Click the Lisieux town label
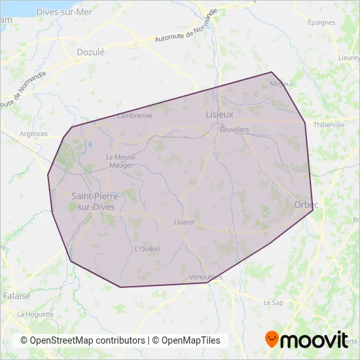219,114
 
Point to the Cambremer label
134,116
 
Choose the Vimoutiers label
206,277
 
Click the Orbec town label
306,205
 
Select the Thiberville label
329,124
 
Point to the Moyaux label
283,84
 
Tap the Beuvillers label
234,130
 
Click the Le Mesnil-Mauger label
120,161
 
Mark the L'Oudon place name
147,249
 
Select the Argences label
34,134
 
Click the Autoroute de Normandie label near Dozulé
185,29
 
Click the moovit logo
306,340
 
